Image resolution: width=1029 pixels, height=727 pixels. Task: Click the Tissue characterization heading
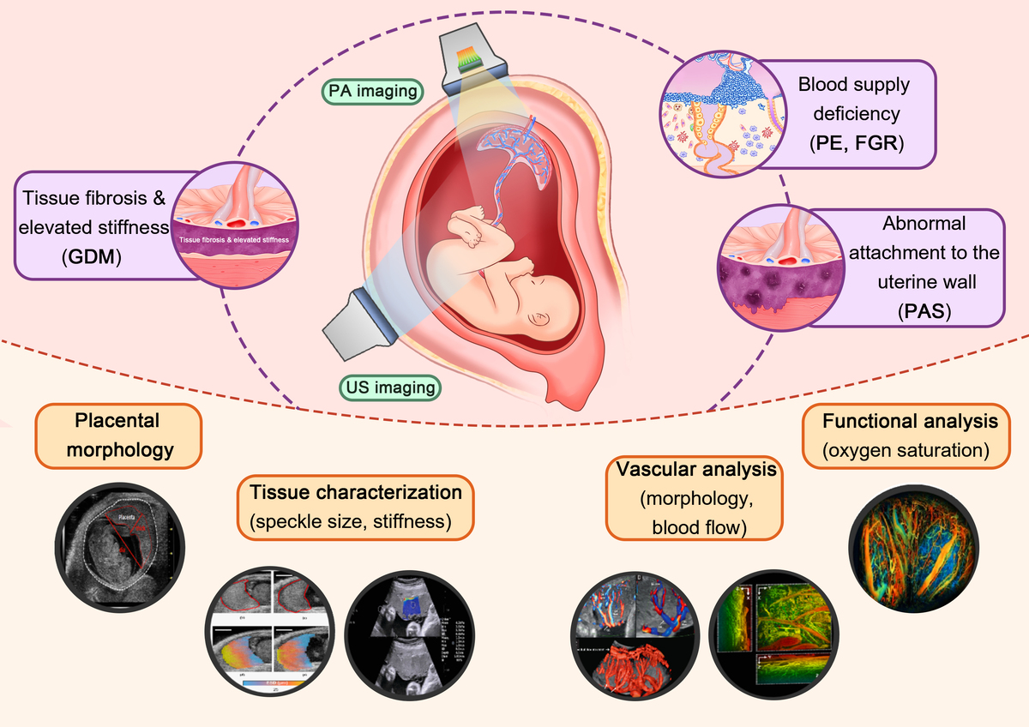point(355,493)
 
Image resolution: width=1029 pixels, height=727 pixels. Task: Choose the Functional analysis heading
point(910,422)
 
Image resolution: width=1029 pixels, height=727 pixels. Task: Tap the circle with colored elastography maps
point(271,634)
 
